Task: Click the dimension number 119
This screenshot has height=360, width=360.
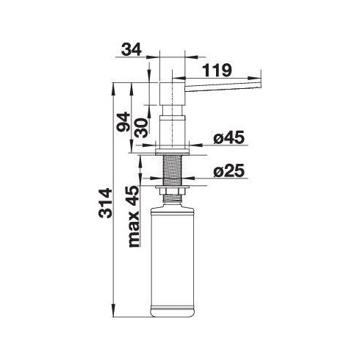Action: click(218, 71)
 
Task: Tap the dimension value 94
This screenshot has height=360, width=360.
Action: click(123, 121)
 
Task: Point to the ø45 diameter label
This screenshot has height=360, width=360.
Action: click(227, 137)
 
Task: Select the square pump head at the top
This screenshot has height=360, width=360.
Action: click(172, 92)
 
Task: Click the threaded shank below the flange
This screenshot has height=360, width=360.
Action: click(174, 170)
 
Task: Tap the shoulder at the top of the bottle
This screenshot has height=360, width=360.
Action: click(174, 208)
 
